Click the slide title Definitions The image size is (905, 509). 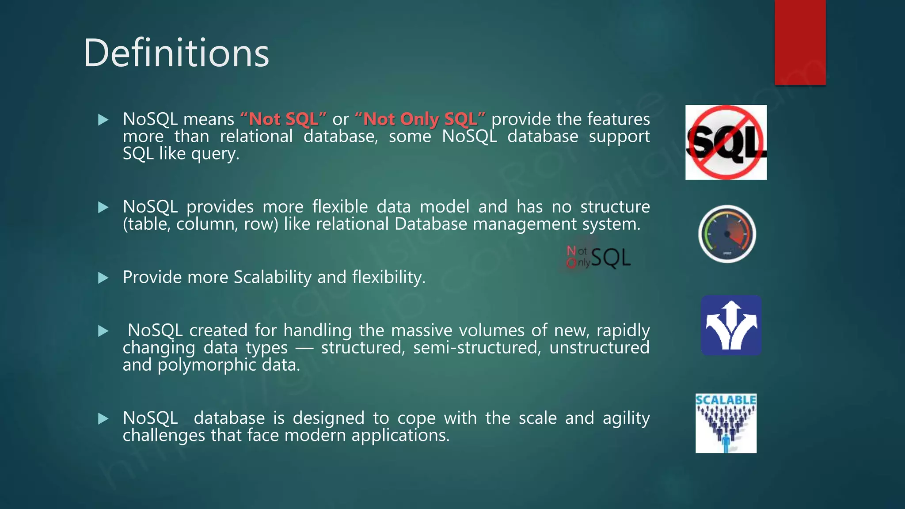(176, 53)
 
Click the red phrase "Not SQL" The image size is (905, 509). (283, 119)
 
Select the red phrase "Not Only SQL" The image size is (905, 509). (420, 119)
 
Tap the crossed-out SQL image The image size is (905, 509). (726, 142)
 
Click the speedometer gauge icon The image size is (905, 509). (727, 234)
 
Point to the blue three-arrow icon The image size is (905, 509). (731, 326)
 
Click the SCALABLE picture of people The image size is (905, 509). (726, 423)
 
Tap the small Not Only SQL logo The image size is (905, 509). (599, 258)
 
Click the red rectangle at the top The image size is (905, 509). (800, 42)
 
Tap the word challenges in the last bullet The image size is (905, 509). (164, 436)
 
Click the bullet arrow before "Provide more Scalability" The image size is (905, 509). (103, 278)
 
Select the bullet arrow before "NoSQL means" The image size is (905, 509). (103, 120)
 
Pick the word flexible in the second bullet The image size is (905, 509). (340, 207)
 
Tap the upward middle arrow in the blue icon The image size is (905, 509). (732, 316)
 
